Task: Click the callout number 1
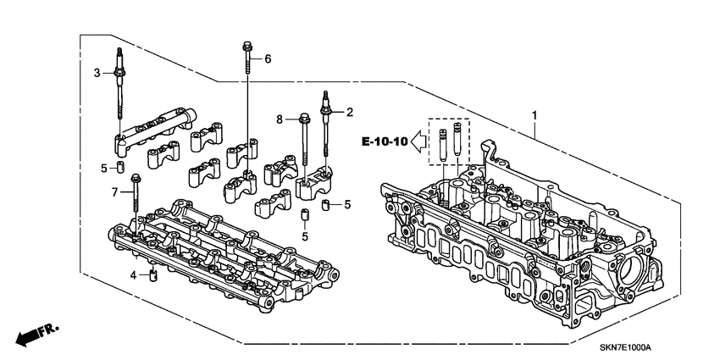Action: point(534,114)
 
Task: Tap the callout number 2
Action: point(348,111)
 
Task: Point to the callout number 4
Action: point(133,275)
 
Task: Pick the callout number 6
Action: point(268,58)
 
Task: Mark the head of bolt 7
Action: point(135,178)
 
